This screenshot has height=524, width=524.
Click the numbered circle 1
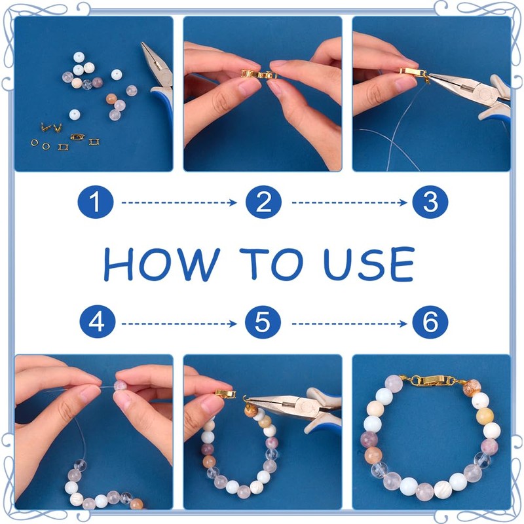coord(96,202)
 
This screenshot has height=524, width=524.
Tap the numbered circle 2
coord(263,202)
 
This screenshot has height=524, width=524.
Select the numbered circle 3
coord(430,202)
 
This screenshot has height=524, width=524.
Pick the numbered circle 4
coord(97,322)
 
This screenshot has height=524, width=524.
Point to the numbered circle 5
coord(263,322)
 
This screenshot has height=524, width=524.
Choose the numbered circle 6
coord(430,322)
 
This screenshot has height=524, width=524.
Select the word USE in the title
coord(369,264)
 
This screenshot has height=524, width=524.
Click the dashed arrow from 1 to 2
coord(179,202)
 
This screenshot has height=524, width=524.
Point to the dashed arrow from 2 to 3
coord(349,202)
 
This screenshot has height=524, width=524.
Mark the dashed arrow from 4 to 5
coord(179,324)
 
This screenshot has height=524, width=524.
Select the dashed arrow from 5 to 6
coord(349,324)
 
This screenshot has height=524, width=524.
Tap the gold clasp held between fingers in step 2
coord(259,74)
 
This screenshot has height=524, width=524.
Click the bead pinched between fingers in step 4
coord(121,385)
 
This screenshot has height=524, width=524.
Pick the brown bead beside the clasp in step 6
coord(472,388)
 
